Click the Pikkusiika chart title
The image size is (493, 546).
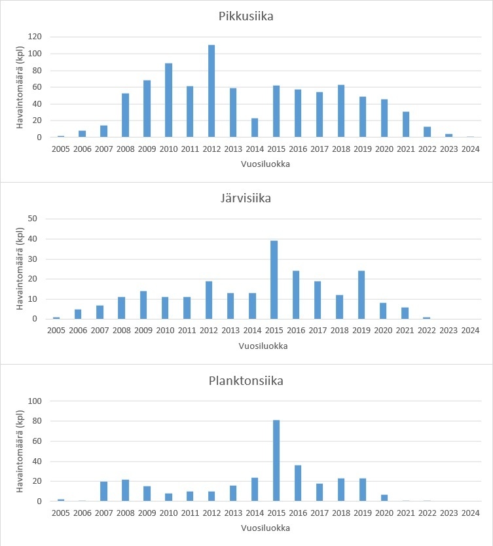(x=246, y=16)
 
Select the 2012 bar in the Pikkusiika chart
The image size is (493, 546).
(x=211, y=91)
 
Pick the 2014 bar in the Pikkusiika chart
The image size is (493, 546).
(x=255, y=128)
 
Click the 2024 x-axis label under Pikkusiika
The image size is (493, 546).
(x=470, y=149)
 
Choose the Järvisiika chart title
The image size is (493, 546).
(x=246, y=198)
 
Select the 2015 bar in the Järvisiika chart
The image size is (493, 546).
(x=274, y=280)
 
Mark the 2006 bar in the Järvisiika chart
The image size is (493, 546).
(x=79, y=314)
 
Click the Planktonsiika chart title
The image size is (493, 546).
(x=246, y=380)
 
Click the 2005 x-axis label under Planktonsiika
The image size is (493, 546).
(x=61, y=513)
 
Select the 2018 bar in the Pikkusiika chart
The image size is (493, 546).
(x=340, y=111)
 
